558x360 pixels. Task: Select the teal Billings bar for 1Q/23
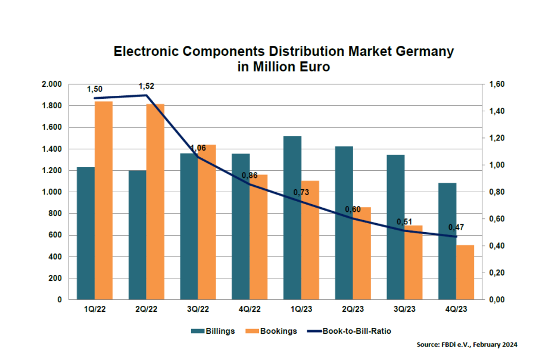pyautogui.click(x=292, y=218)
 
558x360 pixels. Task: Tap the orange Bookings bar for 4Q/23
pyautogui.click(x=465, y=272)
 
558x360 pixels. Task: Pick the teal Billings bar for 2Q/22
pyautogui.click(x=138, y=234)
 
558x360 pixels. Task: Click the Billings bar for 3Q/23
pyautogui.click(x=395, y=227)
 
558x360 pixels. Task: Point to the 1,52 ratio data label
pyautogui.click(x=146, y=86)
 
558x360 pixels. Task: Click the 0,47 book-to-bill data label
pyautogui.click(x=456, y=227)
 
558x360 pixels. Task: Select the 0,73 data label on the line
pyautogui.click(x=301, y=193)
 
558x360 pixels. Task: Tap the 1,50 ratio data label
pyautogui.click(x=95, y=89)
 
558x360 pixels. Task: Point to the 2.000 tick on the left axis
pyautogui.click(x=52, y=84)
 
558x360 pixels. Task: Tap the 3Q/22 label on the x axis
pyautogui.click(x=198, y=309)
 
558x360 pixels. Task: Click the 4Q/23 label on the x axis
pyautogui.click(x=456, y=309)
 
